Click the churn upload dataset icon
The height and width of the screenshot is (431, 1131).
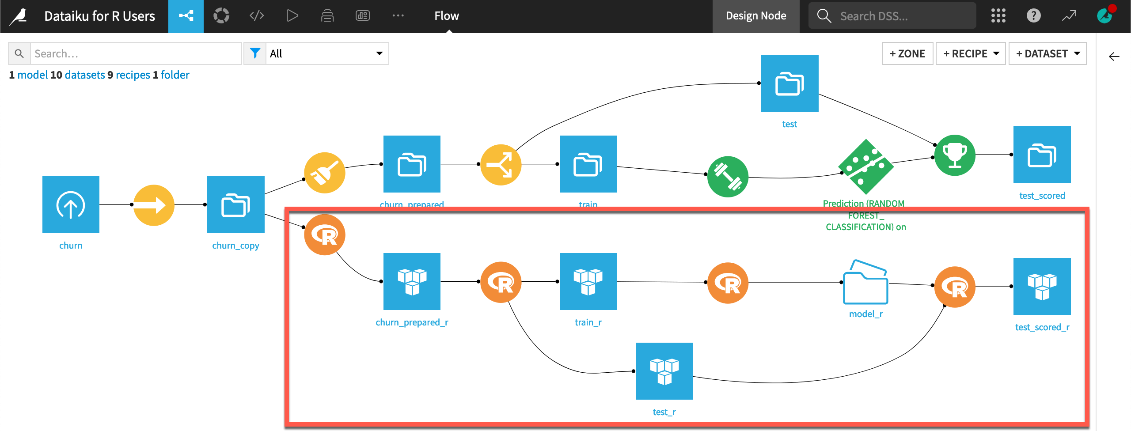[x=71, y=204]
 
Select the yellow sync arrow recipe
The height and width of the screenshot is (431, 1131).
[x=154, y=205]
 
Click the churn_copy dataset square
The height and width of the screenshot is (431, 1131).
[x=235, y=204]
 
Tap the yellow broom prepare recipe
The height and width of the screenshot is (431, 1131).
[x=324, y=173]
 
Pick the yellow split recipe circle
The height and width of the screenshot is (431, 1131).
[x=501, y=165]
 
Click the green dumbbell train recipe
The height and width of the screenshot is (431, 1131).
[x=728, y=177]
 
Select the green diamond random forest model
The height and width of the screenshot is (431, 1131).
[x=865, y=167]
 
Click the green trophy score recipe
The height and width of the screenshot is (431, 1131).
[x=955, y=155]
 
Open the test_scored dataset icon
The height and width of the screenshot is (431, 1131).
[x=1042, y=155]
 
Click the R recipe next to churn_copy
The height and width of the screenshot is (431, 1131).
[x=324, y=235]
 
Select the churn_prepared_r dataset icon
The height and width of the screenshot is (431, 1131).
[x=412, y=281]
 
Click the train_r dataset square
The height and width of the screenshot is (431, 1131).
[x=588, y=281]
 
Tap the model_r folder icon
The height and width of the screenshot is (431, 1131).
[x=865, y=283]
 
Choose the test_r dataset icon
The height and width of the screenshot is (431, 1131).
[x=664, y=371]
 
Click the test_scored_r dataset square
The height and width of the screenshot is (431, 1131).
[x=1042, y=286]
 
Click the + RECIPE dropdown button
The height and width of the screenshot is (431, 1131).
[x=971, y=53]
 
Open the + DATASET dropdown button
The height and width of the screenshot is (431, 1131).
[x=1048, y=53]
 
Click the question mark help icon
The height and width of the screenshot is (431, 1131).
[x=1033, y=16]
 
